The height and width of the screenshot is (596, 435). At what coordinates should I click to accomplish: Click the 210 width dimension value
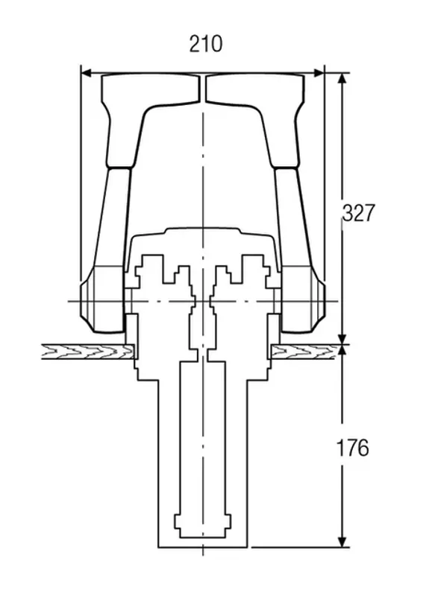pos(206,44)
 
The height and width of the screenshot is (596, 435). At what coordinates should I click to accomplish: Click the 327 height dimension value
pos(358,213)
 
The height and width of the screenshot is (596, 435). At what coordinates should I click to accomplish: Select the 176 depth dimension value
pos(352,448)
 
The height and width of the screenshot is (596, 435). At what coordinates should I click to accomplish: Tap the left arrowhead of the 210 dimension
pos(87,72)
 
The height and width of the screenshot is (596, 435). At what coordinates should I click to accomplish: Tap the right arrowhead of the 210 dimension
pos(318,72)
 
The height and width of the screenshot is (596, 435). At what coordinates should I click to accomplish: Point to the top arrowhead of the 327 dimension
pos(342,79)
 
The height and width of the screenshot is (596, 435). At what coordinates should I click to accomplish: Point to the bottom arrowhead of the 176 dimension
pos(342,542)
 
